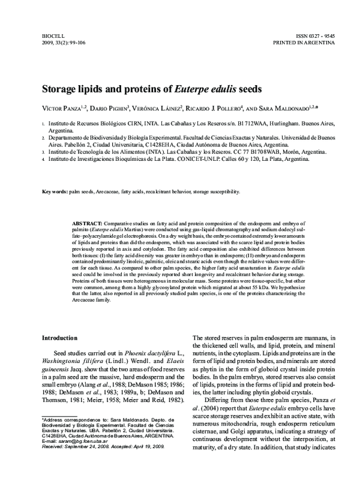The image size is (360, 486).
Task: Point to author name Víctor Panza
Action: click(62, 109)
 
